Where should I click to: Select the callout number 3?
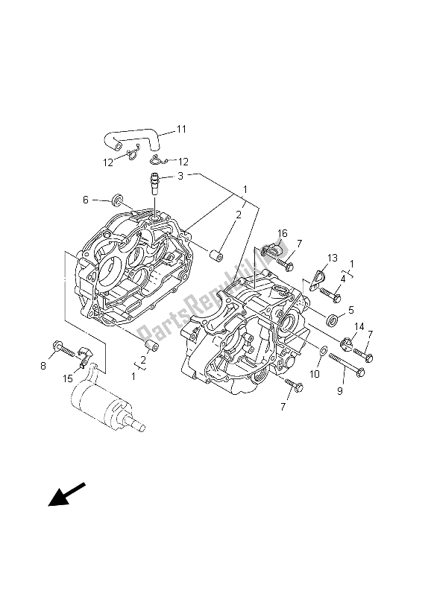pyautogui.click(x=181, y=177)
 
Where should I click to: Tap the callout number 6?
pyautogui.click(x=85, y=200)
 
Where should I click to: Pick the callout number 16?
pyautogui.click(x=282, y=234)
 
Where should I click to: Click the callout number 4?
pyautogui.click(x=342, y=279)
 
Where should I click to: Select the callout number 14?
pyautogui.click(x=359, y=326)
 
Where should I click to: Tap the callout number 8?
pyautogui.click(x=42, y=365)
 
